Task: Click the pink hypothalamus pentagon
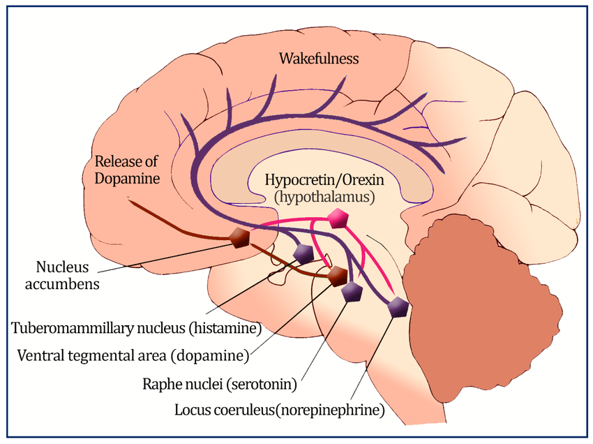[x=338, y=219]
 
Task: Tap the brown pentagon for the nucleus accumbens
[x=240, y=238]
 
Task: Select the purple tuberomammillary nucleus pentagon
[x=303, y=254]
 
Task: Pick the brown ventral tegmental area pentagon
[x=337, y=276]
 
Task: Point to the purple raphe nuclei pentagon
[x=352, y=291]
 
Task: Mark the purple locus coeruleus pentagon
[x=398, y=306]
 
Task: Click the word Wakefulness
[x=319, y=59]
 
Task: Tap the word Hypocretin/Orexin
[x=324, y=179]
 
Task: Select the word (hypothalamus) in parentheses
[x=325, y=197]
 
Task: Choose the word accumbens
[x=62, y=284]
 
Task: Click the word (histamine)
[x=225, y=328]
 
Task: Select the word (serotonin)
[x=262, y=384]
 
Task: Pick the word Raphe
[x=163, y=384]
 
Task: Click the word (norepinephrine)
[x=330, y=410]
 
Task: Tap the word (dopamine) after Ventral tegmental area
[x=210, y=356]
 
